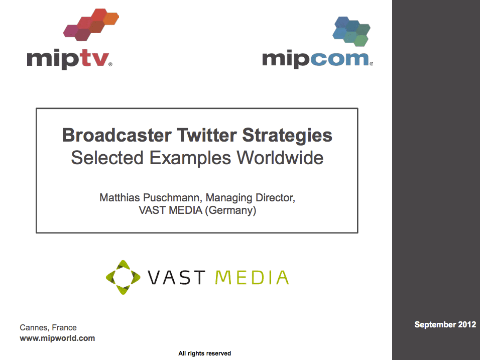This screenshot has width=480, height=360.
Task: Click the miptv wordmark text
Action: click(69, 59)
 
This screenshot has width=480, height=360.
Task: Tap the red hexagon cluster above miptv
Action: click(91, 25)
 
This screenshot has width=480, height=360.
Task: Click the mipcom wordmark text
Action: click(317, 59)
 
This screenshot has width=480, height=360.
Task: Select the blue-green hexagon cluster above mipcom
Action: click(351, 32)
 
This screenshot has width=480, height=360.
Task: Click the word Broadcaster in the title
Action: click(116, 135)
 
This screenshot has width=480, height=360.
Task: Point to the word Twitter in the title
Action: click(207, 135)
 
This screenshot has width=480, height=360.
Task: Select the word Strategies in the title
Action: click(287, 136)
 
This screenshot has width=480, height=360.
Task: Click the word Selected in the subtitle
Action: click(107, 158)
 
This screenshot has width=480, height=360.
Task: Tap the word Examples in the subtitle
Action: click(190, 158)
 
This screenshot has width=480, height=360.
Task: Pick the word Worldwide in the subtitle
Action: click(280, 158)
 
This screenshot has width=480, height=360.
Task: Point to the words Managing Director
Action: click(251, 198)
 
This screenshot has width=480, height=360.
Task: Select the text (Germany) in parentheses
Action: click(230, 210)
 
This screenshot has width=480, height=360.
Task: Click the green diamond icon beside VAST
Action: click(123, 277)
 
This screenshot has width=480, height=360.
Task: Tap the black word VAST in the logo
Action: click(176, 277)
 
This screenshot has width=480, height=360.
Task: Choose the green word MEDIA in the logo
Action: click(252, 277)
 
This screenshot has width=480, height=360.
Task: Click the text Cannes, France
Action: click(48, 327)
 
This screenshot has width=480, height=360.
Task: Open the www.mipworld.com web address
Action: click(57, 338)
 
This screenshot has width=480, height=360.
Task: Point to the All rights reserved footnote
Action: click(204, 353)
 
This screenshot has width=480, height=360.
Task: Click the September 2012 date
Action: click(445, 324)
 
